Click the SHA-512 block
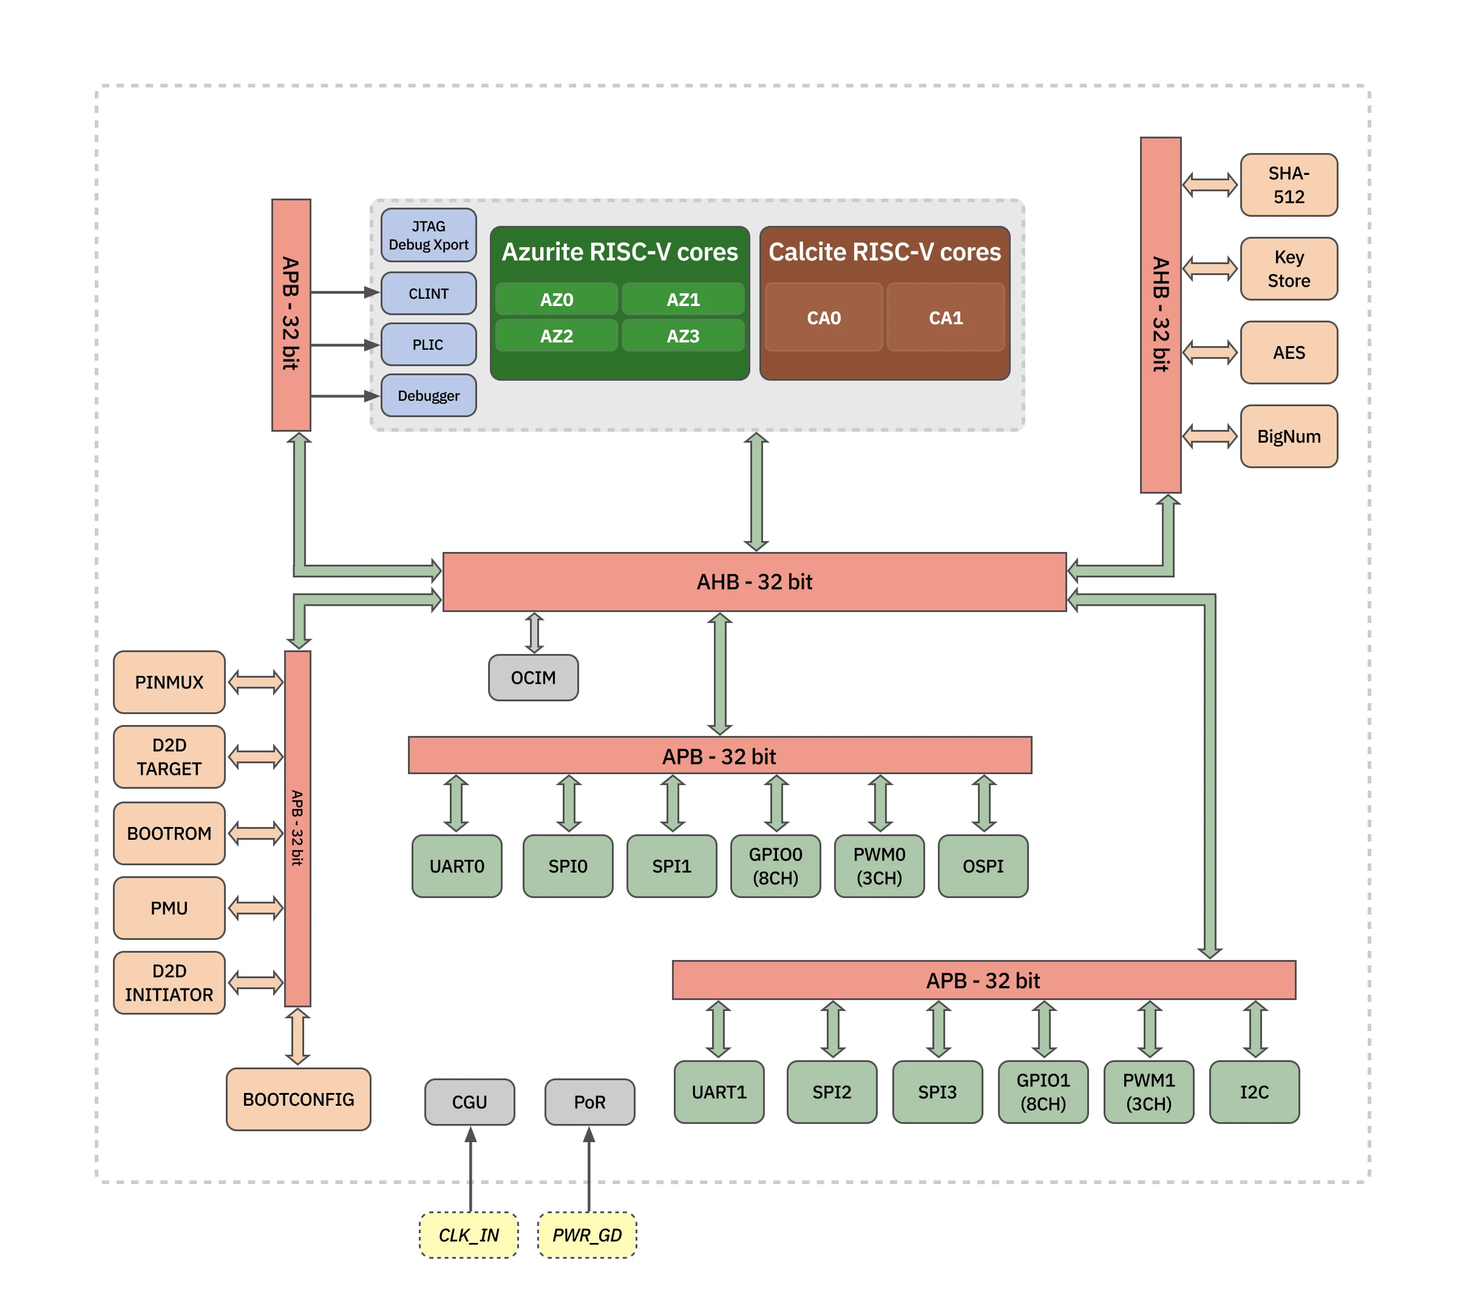click(x=1288, y=185)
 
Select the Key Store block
click(x=1288, y=268)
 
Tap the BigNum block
click(x=1288, y=436)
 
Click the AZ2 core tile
click(x=556, y=336)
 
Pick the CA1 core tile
click(x=945, y=317)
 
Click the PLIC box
click(x=428, y=344)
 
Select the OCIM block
click(x=533, y=677)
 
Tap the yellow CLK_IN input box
click(x=469, y=1234)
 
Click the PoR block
click(x=589, y=1102)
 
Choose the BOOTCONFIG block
click(x=299, y=1099)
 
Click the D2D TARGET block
click(x=169, y=757)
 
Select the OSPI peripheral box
click(x=983, y=866)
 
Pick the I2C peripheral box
click(x=1254, y=1092)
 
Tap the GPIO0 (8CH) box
click(x=775, y=866)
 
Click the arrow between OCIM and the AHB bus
click(x=534, y=633)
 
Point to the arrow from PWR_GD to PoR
click(x=589, y=1169)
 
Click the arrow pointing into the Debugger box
click(x=344, y=396)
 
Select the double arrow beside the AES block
click(x=1209, y=352)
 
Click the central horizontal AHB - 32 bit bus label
click(x=755, y=582)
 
